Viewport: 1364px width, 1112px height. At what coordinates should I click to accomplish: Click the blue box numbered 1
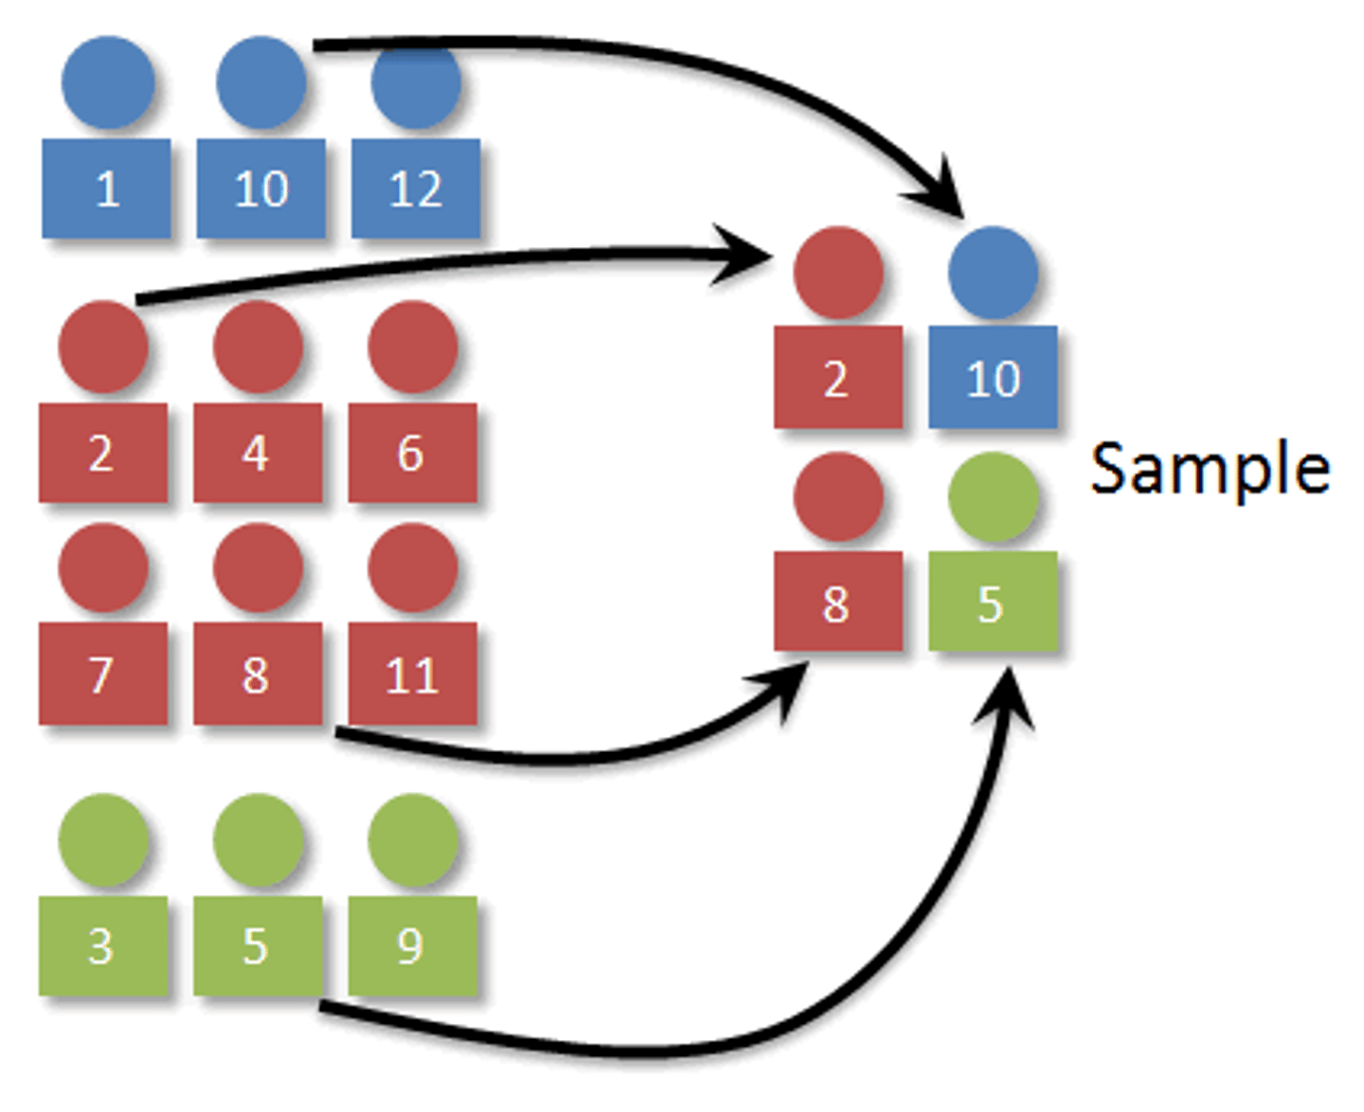click(106, 188)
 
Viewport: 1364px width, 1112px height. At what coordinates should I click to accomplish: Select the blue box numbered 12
click(416, 188)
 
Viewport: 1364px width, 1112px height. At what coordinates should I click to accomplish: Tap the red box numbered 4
click(258, 453)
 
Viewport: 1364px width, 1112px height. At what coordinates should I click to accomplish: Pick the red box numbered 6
click(412, 453)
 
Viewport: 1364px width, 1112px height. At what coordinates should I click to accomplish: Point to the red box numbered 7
click(102, 673)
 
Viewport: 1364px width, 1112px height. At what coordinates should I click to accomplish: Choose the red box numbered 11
click(412, 673)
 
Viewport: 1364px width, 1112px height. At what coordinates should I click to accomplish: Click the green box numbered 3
click(102, 945)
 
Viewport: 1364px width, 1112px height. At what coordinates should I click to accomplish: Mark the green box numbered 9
click(412, 945)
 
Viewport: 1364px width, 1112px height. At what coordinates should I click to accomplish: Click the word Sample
click(1210, 468)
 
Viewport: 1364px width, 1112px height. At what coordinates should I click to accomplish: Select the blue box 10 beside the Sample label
click(993, 377)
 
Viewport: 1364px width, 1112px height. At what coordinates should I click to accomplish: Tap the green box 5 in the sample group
click(993, 601)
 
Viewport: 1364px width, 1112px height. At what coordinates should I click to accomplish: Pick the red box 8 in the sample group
click(837, 601)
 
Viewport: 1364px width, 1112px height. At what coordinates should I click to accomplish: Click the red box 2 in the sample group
click(837, 377)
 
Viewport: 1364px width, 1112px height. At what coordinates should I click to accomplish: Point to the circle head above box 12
click(416, 83)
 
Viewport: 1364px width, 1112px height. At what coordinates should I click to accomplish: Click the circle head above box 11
click(412, 567)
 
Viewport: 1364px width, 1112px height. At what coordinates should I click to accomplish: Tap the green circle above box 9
click(412, 839)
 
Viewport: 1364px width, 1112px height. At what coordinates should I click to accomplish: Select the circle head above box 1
click(108, 82)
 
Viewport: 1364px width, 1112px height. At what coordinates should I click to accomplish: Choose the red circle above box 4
click(258, 347)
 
